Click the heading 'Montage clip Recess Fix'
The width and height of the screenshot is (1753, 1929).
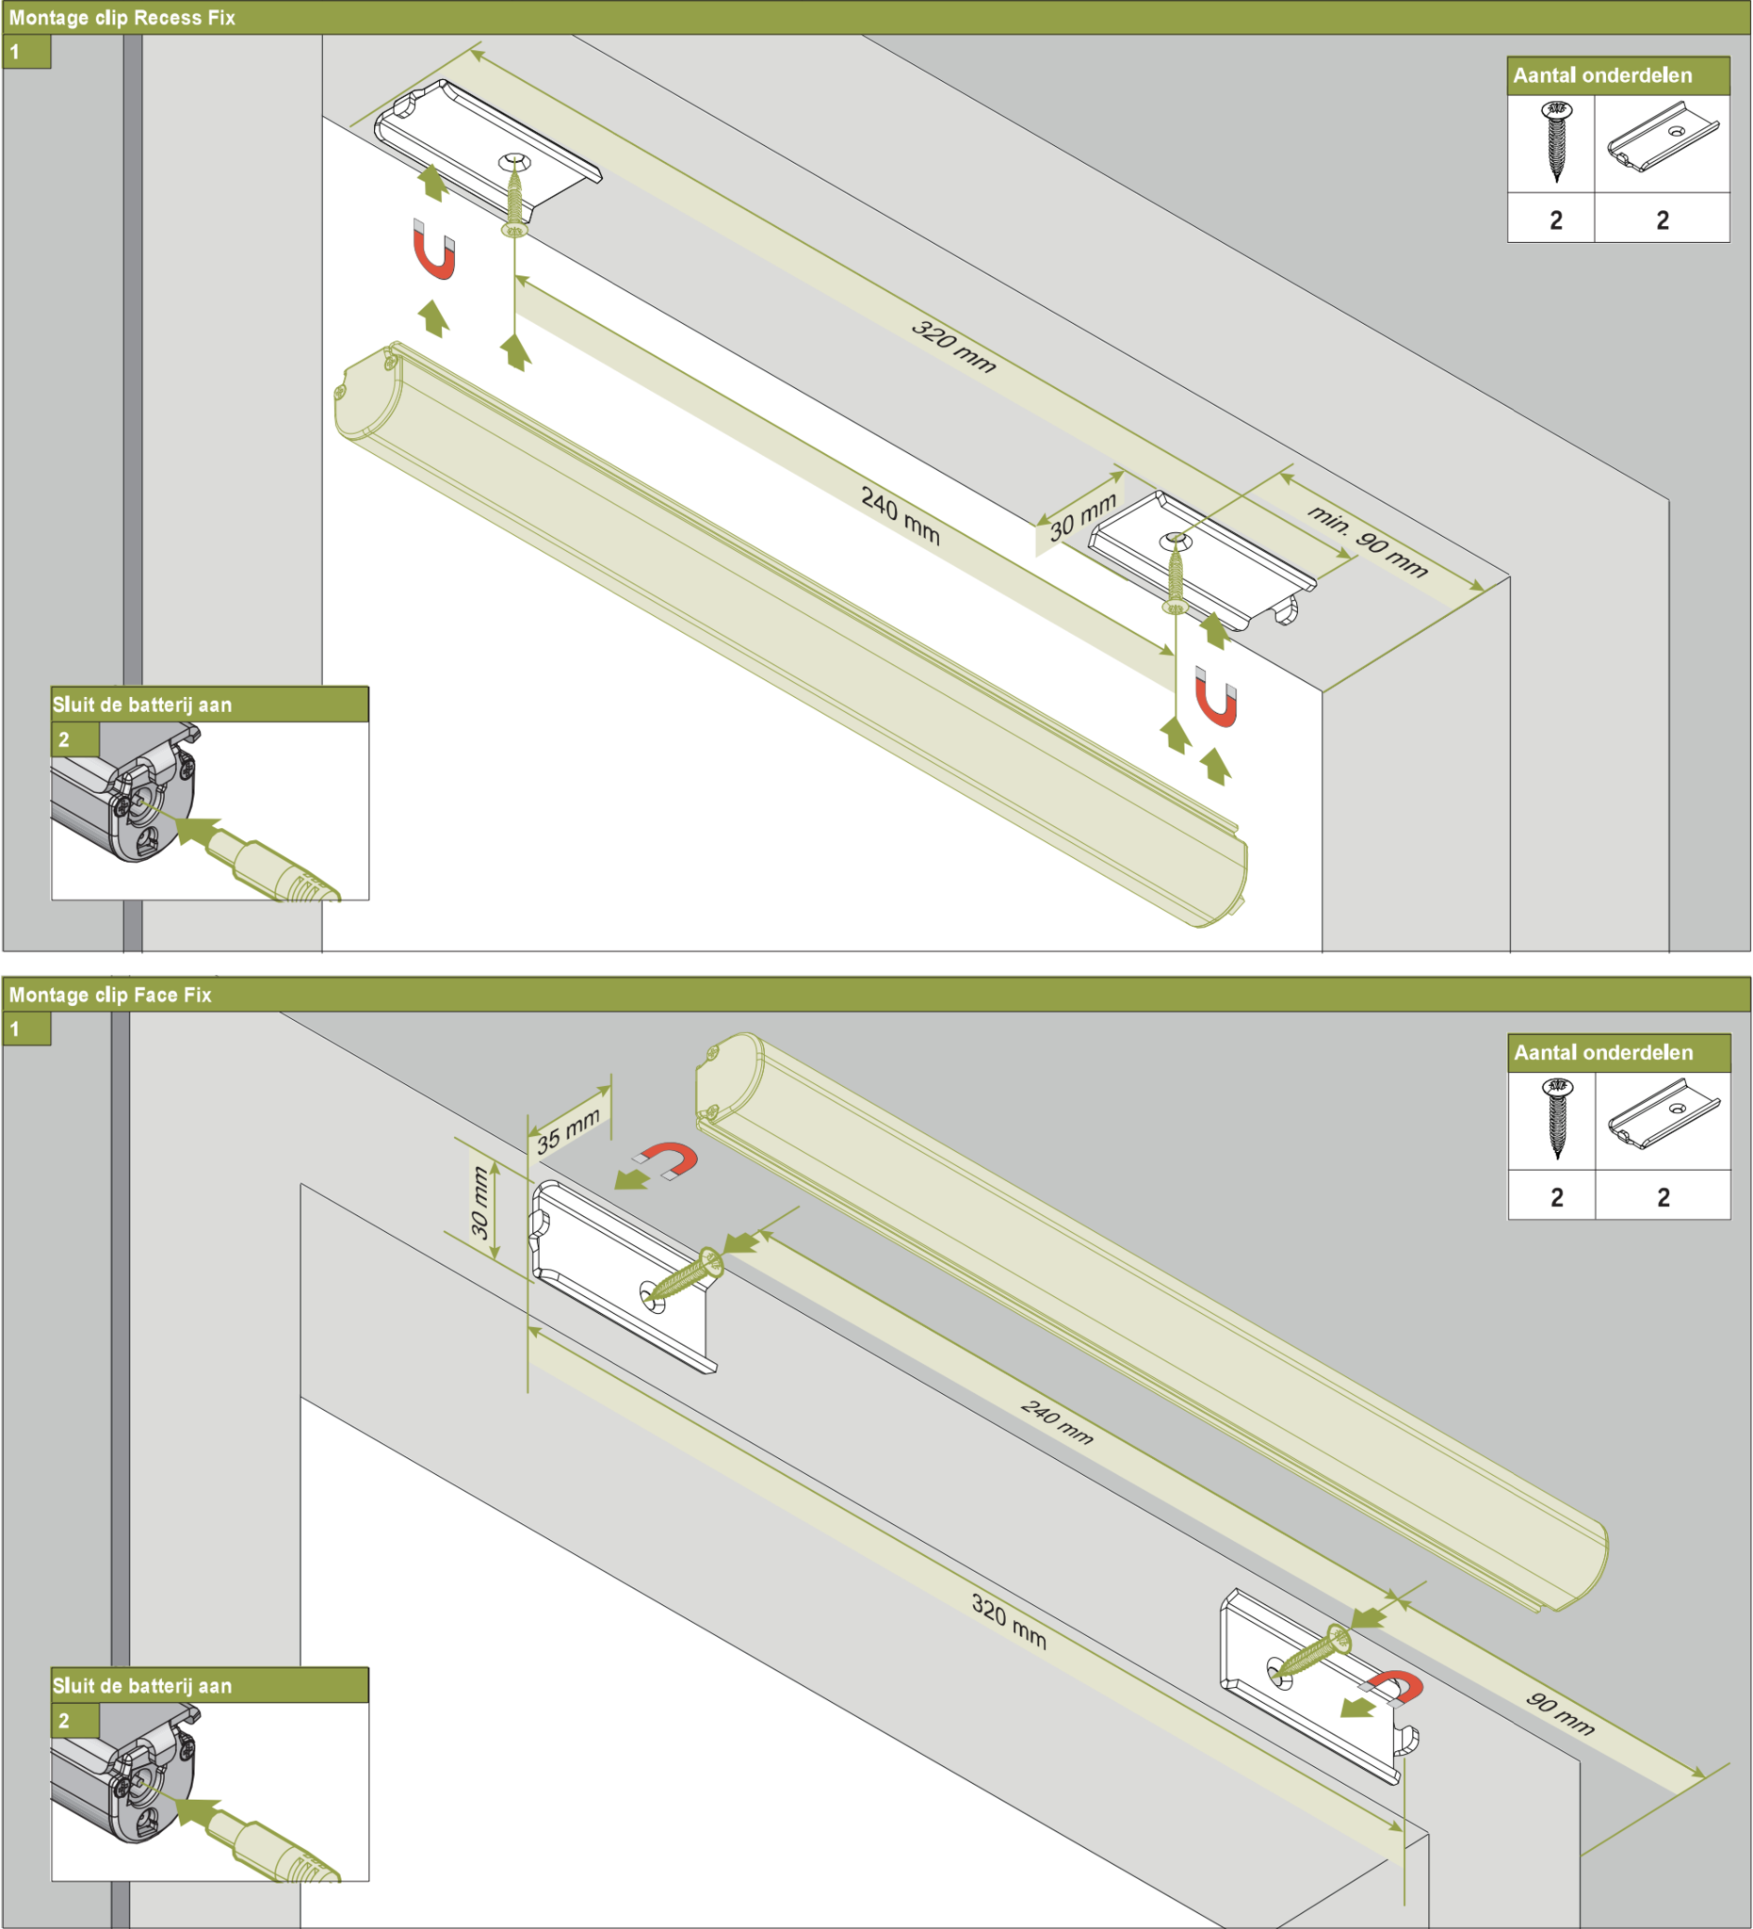(x=122, y=18)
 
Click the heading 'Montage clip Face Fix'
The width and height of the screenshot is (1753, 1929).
(x=110, y=996)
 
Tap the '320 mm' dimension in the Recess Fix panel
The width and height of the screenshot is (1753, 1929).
(x=953, y=346)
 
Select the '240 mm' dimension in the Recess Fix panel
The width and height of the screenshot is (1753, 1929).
(x=901, y=516)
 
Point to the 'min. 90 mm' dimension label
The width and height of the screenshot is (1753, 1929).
(x=1368, y=542)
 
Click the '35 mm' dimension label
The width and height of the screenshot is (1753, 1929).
(x=568, y=1130)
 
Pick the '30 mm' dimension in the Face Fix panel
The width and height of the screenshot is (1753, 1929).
(x=479, y=1203)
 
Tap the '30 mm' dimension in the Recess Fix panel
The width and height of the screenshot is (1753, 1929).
(x=1083, y=517)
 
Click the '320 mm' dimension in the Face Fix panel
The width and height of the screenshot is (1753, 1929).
(x=1009, y=1622)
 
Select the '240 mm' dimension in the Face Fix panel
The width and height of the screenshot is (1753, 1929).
(x=1056, y=1422)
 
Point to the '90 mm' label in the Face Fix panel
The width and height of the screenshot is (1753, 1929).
(x=1560, y=1713)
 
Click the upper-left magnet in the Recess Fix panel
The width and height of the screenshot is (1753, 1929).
(x=433, y=250)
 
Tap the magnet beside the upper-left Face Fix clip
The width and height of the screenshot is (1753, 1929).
(x=669, y=1159)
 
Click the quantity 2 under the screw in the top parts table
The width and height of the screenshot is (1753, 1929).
(x=1556, y=220)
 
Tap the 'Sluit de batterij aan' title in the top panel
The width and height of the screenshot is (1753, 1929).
(x=141, y=705)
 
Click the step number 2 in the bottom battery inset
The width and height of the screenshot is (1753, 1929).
(x=64, y=1720)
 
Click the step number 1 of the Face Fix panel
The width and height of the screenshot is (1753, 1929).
(x=14, y=1029)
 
